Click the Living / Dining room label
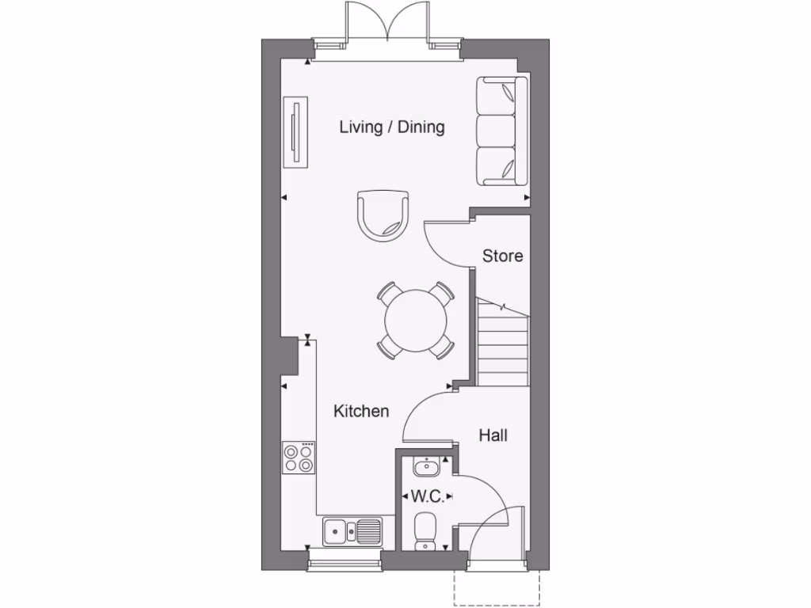click(392, 127)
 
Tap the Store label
click(503, 256)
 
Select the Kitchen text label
click(361, 411)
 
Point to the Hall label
click(493, 435)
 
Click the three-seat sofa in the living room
click(501, 131)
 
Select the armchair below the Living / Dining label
click(384, 215)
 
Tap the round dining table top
click(416, 321)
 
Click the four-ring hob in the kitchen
click(299, 458)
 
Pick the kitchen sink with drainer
click(353, 530)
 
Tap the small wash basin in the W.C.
click(426, 467)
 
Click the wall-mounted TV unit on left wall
click(296, 132)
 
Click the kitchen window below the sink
click(344, 563)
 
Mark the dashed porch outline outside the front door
click(497, 589)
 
